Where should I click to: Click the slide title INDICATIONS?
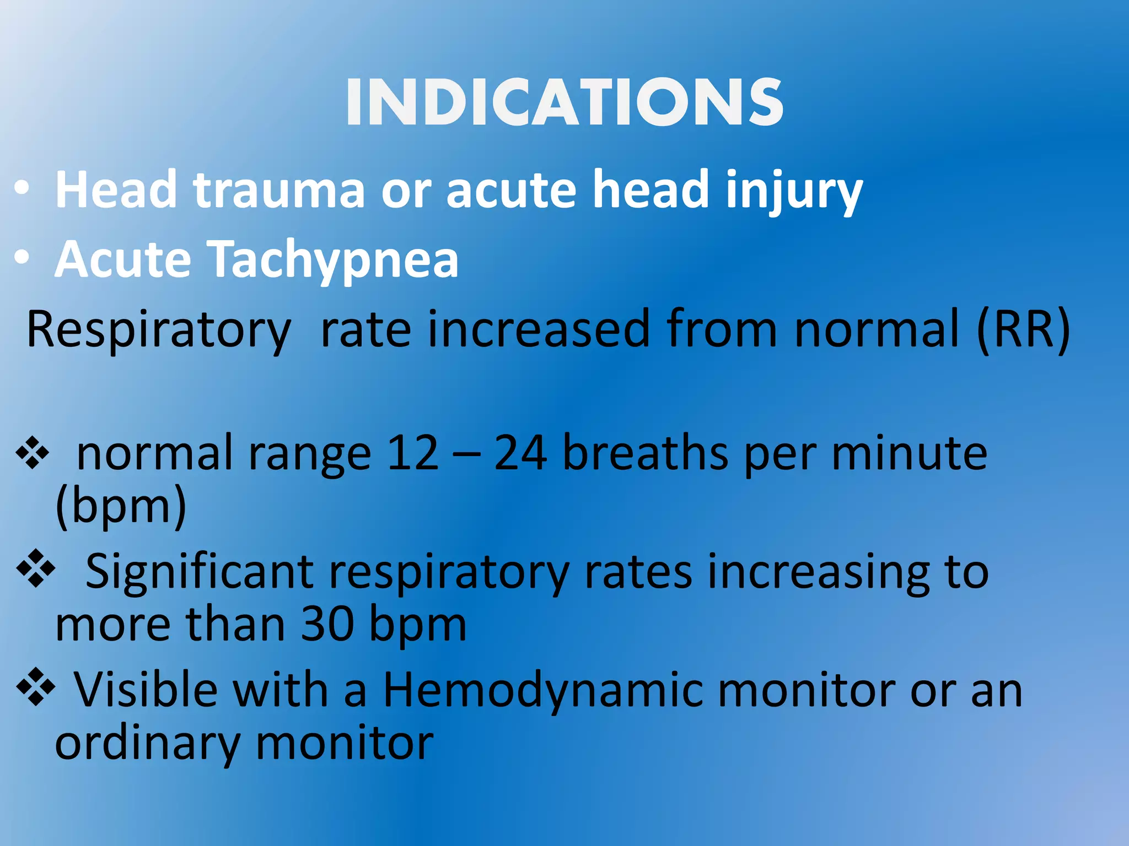click(x=564, y=102)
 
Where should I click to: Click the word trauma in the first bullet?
click(x=278, y=190)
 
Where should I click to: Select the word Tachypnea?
click(x=334, y=260)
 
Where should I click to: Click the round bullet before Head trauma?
click(x=22, y=189)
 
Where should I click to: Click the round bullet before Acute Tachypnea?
click(x=22, y=257)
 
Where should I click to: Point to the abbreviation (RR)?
click(x=1023, y=329)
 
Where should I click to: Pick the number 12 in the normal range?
click(x=413, y=453)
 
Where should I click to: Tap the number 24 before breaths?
click(x=520, y=453)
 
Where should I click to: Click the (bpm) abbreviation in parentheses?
click(x=121, y=506)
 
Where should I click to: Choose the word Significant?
click(x=200, y=573)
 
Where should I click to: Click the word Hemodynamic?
click(x=543, y=691)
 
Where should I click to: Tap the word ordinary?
click(x=148, y=744)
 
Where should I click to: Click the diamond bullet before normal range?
click(x=33, y=453)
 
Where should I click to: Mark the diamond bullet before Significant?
click(x=36, y=568)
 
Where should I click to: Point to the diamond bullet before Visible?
click(x=36, y=686)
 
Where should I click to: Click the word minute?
click(x=909, y=453)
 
